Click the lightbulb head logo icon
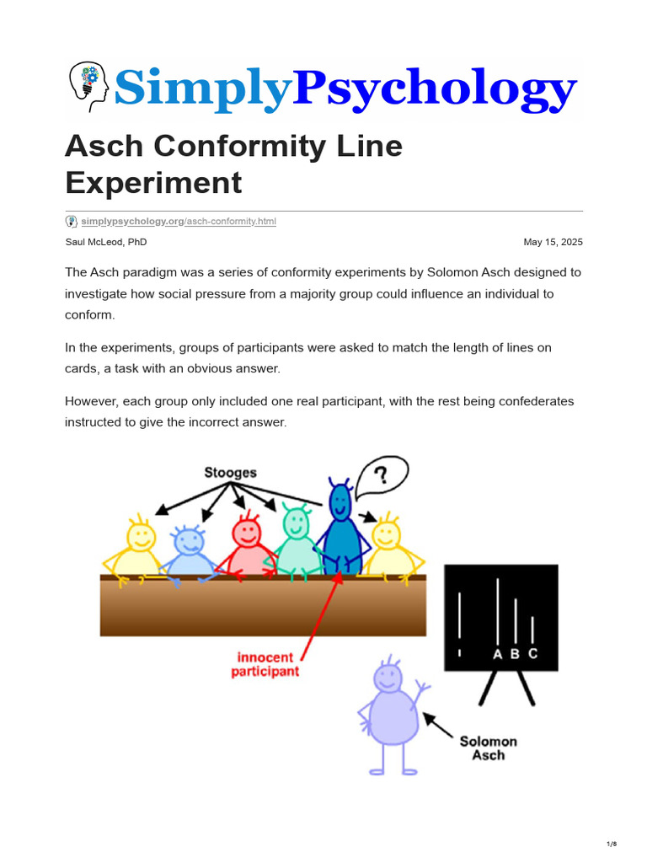pos(88,87)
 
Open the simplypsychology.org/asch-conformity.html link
pos(178,222)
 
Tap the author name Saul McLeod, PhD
pos(106,243)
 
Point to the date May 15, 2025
pos(553,243)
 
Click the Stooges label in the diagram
pos(230,473)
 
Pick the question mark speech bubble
pos(382,477)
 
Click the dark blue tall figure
pos(340,531)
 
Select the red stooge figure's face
pos(246,532)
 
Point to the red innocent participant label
pos(265,664)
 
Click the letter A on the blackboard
pos(497,654)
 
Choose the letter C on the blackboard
pos(532,654)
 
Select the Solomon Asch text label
pos(488,748)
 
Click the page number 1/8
pos(612,844)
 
